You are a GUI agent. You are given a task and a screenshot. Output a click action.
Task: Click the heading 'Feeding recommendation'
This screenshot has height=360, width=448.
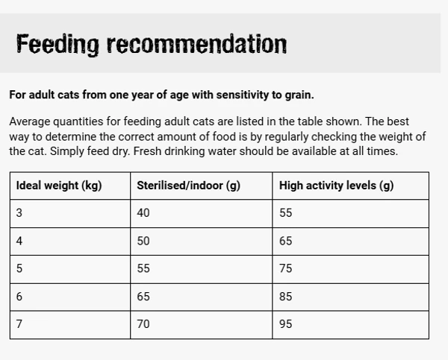[x=152, y=45]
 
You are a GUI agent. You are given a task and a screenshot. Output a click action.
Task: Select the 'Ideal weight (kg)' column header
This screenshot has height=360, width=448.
[x=59, y=186]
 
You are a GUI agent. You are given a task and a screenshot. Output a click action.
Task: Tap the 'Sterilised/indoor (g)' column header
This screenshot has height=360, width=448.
[x=188, y=186]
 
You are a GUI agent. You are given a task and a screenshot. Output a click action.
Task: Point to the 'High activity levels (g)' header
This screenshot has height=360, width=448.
[x=336, y=186]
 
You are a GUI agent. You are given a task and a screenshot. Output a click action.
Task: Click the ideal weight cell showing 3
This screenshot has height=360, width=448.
[x=19, y=213]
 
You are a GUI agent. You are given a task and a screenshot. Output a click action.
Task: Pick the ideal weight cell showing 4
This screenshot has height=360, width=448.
[x=19, y=241]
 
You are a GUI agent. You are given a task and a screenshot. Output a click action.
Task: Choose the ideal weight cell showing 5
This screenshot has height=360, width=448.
[x=19, y=268]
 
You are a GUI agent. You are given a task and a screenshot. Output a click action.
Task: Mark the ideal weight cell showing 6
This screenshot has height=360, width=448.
[x=19, y=297]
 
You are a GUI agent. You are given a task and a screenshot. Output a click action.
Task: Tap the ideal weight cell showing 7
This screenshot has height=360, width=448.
[x=19, y=324]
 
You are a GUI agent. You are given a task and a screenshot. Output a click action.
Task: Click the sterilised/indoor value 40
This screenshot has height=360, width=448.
[x=143, y=213]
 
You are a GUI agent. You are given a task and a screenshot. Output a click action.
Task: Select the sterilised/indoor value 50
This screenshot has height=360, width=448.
[x=143, y=241]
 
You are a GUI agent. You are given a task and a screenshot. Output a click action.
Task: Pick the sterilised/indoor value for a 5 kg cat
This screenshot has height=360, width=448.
[x=143, y=268]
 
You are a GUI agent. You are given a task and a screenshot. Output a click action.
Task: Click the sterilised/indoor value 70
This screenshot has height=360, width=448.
[x=143, y=324]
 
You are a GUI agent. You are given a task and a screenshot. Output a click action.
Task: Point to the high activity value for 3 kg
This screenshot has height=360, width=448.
[x=286, y=213]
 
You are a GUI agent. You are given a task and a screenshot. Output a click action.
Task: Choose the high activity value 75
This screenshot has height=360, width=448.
[x=286, y=268]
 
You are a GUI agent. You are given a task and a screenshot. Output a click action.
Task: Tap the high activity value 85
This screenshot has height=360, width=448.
[x=286, y=297]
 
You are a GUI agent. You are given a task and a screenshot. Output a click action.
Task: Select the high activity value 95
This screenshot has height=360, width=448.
[x=286, y=324]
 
